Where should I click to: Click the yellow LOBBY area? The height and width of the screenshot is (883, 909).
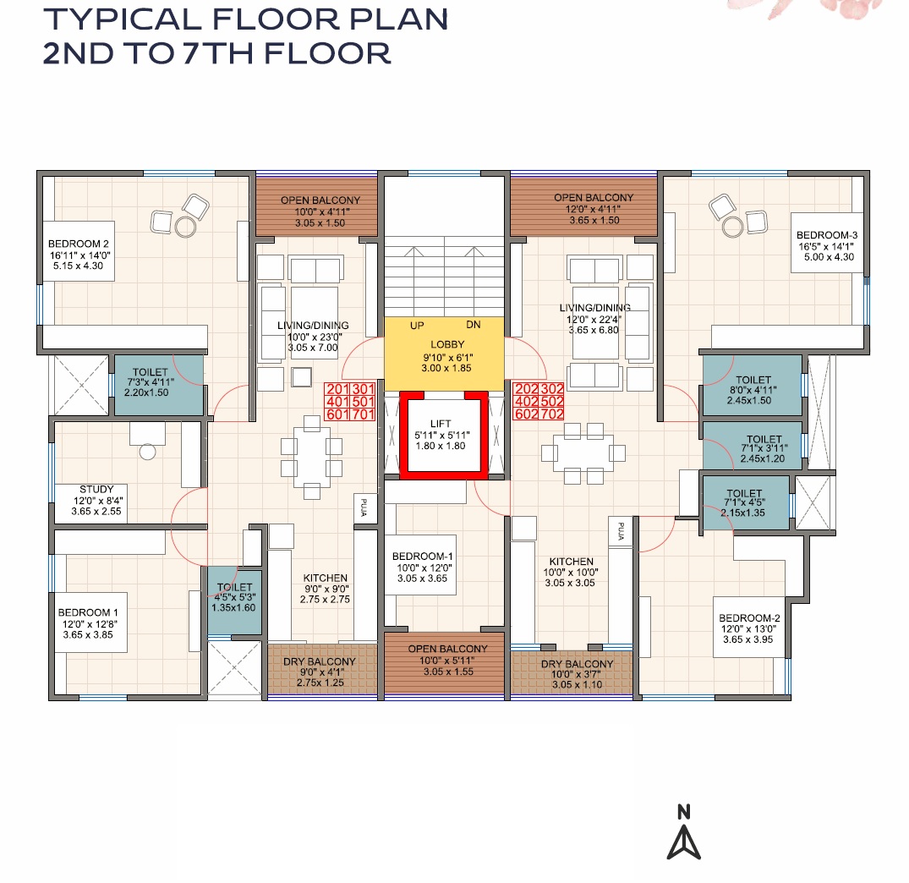click(x=444, y=354)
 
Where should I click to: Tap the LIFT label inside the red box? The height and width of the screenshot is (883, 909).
click(x=441, y=424)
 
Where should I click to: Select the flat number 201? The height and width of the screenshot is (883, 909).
click(x=337, y=389)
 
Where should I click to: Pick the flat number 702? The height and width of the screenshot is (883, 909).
click(x=552, y=414)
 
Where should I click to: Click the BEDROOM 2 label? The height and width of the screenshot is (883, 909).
click(x=79, y=244)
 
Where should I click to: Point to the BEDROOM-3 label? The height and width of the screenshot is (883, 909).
click(x=827, y=235)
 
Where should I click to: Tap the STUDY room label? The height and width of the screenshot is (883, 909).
click(x=96, y=490)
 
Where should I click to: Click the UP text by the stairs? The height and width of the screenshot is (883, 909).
click(x=417, y=326)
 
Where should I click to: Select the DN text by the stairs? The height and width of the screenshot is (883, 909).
click(x=474, y=325)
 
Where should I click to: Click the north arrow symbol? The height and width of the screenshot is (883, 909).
click(x=684, y=842)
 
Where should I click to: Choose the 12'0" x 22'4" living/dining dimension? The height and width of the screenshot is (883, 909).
click(x=594, y=319)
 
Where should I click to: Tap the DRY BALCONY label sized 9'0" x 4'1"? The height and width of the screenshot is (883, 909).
click(x=320, y=661)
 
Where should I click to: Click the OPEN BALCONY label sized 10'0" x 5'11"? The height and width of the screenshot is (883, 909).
click(x=447, y=649)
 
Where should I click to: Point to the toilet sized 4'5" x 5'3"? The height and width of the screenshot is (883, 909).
click(x=235, y=602)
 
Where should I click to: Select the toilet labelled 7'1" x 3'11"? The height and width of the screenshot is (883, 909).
click(x=753, y=445)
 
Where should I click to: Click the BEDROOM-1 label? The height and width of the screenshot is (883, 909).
click(x=423, y=557)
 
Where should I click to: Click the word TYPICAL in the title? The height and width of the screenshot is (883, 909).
click(x=123, y=19)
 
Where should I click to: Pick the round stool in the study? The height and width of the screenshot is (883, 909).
click(x=148, y=452)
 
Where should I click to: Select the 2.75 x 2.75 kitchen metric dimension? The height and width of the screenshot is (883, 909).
click(x=326, y=600)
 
